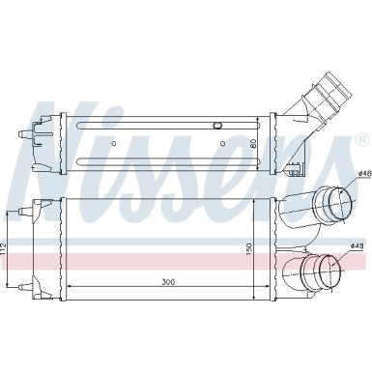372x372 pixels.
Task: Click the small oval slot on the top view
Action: point(216,125)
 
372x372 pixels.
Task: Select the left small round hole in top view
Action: point(113,145)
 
